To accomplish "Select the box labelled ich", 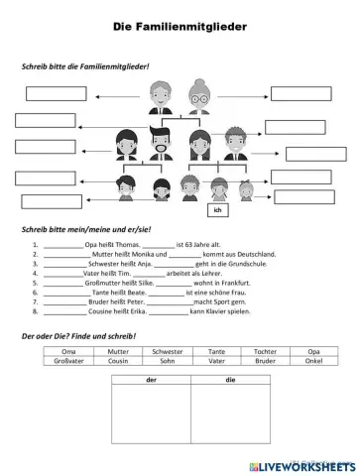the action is pos(216,210).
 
